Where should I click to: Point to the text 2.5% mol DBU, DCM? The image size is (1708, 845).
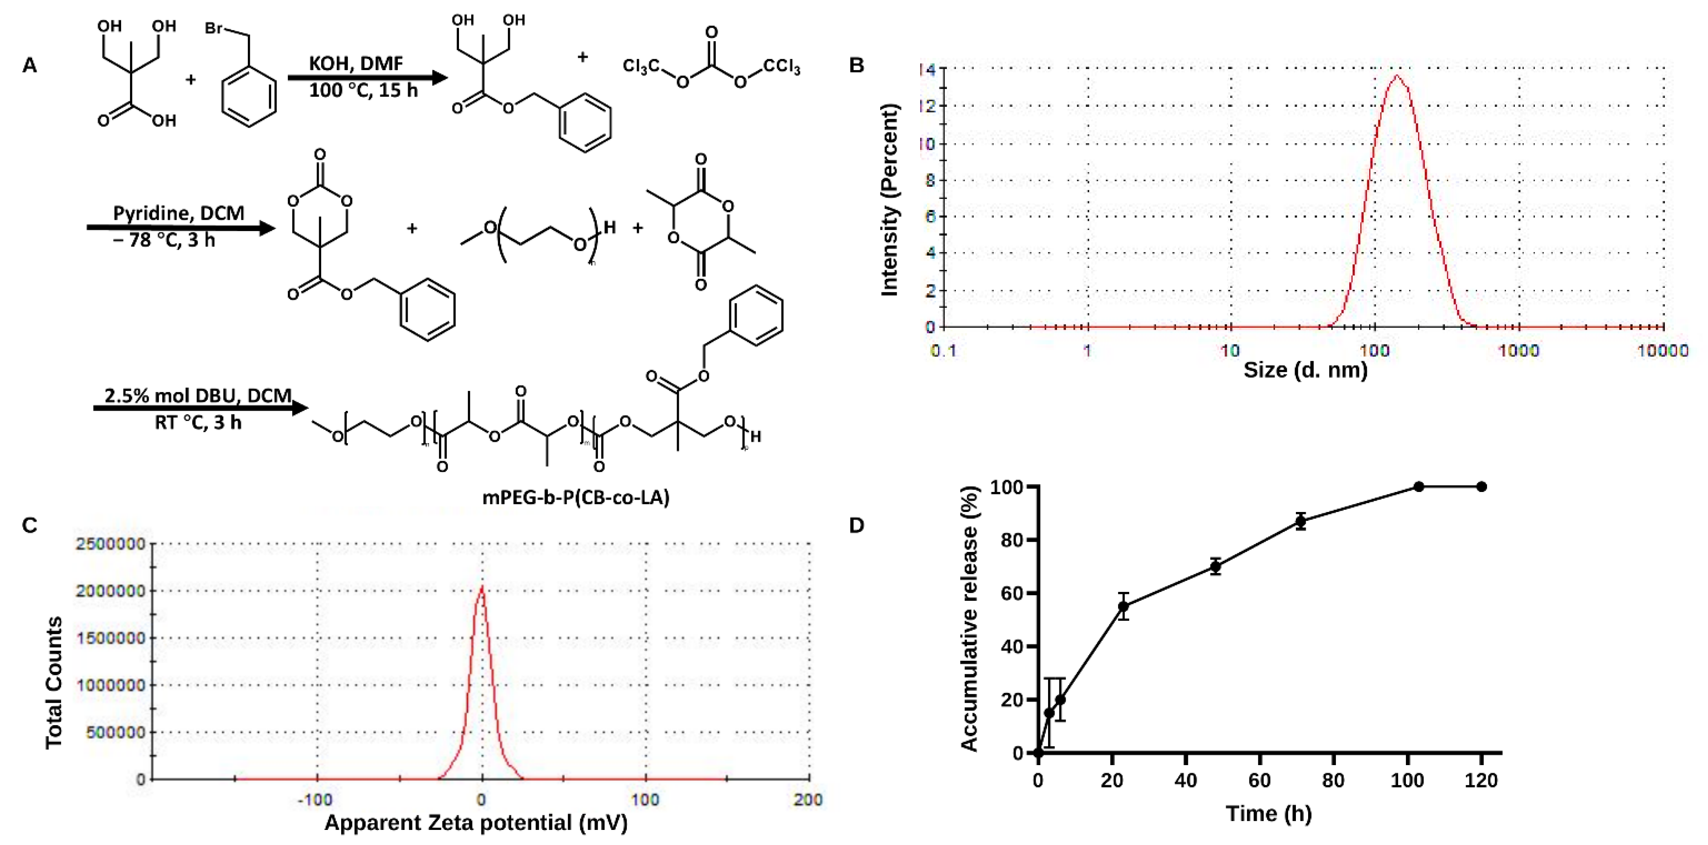point(198,395)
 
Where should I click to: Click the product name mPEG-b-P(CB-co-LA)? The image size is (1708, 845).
point(576,497)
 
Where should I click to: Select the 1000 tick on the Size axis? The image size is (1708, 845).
point(1518,350)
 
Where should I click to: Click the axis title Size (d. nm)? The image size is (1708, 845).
point(1305,369)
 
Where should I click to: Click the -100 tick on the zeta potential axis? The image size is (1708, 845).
point(316,799)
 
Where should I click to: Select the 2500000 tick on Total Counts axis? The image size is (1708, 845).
point(110,544)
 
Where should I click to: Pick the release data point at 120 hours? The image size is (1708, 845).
point(1481,487)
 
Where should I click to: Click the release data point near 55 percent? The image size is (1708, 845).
point(1123,606)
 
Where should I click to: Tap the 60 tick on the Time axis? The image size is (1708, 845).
point(1259,781)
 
